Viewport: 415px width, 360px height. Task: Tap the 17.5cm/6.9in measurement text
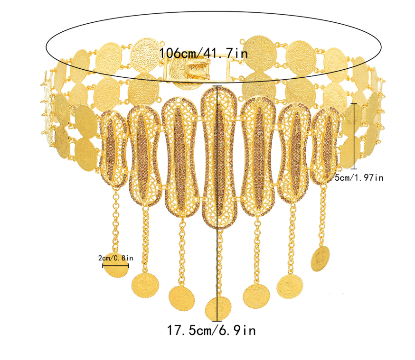click(211, 330)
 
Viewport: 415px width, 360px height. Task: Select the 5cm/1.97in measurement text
click(359, 177)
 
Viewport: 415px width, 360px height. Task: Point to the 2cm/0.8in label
click(116, 258)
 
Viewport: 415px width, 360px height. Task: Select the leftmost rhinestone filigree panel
click(113, 149)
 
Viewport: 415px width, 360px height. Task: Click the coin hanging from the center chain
click(218, 308)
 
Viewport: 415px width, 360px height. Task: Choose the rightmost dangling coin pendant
click(320, 258)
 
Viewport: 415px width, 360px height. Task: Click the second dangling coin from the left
click(145, 286)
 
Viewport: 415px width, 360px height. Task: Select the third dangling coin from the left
click(182, 298)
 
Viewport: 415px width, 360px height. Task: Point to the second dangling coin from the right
click(290, 287)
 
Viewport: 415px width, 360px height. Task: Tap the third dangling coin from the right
click(256, 296)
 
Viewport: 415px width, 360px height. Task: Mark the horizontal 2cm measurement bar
click(115, 266)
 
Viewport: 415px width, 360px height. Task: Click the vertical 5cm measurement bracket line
click(354, 136)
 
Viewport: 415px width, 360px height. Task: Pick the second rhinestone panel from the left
click(144, 156)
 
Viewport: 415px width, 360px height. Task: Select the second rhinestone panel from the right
click(294, 154)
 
